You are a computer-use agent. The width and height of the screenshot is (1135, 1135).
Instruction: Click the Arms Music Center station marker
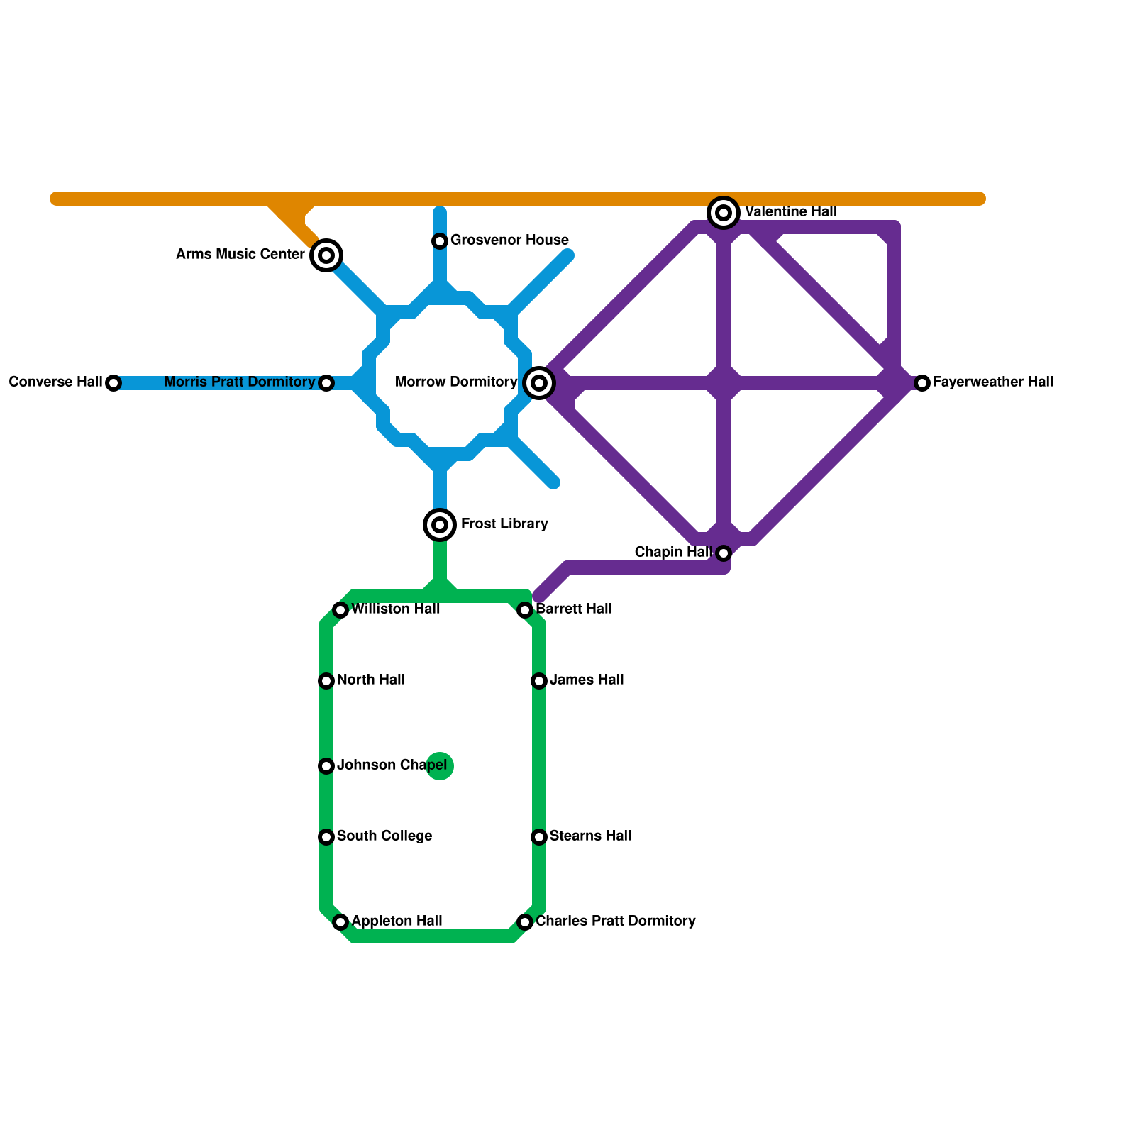tap(326, 255)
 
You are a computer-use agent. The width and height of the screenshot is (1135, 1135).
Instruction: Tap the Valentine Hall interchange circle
tap(724, 212)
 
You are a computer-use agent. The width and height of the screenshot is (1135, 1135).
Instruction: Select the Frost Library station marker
tap(440, 525)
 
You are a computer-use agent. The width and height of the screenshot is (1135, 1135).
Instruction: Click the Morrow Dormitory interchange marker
tap(539, 383)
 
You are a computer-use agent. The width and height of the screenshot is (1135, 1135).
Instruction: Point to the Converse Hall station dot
tap(113, 383)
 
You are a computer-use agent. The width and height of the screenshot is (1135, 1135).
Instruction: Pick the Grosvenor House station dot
tap(440, 241)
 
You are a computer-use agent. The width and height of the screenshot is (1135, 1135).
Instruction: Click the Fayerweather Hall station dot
tap(922, 383)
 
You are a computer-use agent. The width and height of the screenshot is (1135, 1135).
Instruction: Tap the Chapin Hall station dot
tap(724, 553)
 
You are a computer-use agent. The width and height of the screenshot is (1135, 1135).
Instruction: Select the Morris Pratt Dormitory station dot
tap(326, 383)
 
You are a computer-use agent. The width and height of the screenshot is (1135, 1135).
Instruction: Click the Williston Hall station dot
tap(340, 610)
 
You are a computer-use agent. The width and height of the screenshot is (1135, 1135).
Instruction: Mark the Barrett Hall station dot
tap(525, 610)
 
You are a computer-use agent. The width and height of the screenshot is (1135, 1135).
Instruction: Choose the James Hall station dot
tap(539, 681)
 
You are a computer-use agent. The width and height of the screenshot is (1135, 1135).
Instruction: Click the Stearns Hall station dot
tap(539, 837)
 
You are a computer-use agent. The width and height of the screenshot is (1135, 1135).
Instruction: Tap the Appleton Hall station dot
tap(340, 922)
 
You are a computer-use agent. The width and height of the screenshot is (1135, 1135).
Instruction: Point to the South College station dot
tap(326, 837)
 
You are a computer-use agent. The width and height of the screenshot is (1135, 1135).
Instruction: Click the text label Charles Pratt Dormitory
tap(615, 921)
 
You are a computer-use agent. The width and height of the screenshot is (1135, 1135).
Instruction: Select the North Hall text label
tap(370, 680)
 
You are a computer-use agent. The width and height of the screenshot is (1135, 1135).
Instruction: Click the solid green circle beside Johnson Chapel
tap(440, 766)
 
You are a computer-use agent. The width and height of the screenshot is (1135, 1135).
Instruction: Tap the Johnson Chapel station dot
tap(326, 766)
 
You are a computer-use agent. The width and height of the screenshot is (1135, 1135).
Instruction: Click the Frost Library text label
tap(504, 524)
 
